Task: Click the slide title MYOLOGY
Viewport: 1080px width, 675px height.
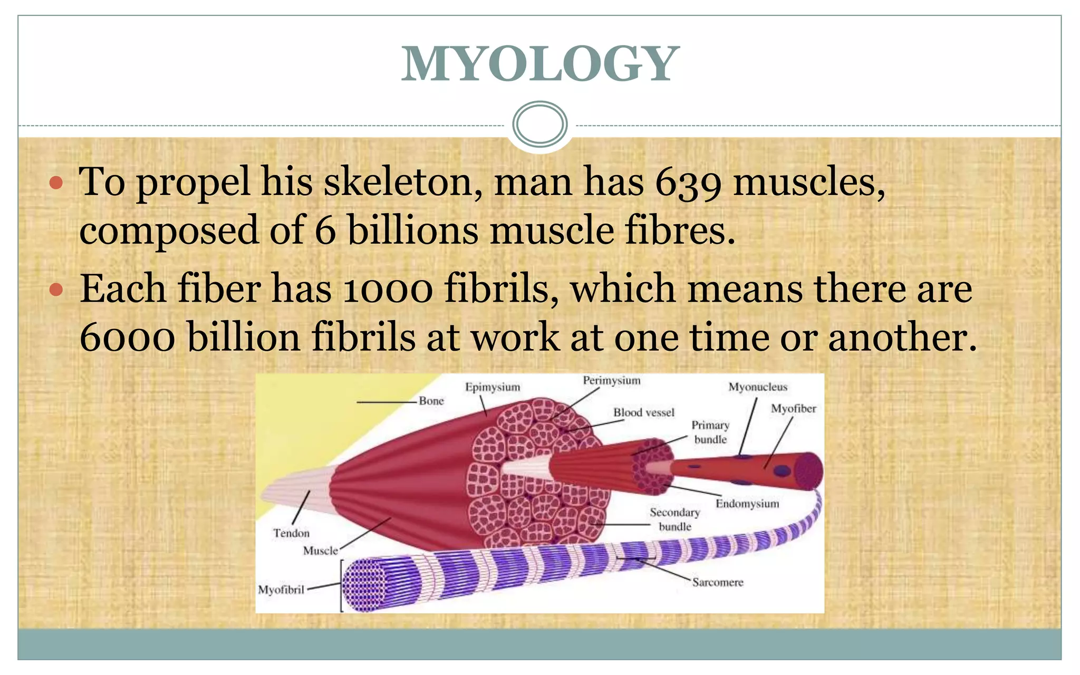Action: tap(539, 64)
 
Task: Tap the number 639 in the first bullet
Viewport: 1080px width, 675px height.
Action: tap(688, 183)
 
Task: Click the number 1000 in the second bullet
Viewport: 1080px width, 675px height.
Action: tap(387, 290)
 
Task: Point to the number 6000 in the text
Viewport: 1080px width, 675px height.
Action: tap(127, 338)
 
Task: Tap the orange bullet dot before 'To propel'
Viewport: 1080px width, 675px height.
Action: tap(56, 184)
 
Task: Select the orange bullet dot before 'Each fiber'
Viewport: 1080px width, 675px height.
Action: tap(56, 290)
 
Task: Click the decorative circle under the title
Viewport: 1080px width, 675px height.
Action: tap(539, 124)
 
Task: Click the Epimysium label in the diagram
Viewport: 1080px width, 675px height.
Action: tap(492, 387)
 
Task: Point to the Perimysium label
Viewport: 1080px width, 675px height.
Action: tap(611, 381)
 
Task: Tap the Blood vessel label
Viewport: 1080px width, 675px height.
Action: tap(643, 412)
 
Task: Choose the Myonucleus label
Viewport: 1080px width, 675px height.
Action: tap(757, 387)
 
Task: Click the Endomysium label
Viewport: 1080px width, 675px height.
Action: tap(747, 504)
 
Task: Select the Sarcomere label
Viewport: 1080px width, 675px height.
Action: tap(717, 582)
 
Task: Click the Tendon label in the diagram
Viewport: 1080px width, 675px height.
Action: tap(291, 533)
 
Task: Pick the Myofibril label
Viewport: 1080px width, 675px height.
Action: tap(281, 590)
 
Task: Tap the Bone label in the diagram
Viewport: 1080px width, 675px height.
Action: tap(431, 401)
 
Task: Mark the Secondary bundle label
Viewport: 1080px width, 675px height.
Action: tap(674, 519)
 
